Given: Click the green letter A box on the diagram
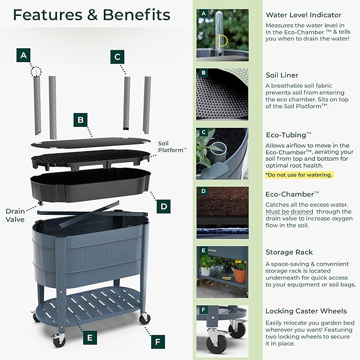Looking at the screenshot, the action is point(23,55).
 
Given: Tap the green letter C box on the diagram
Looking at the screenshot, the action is point(117,57).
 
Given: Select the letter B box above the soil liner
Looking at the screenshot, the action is point(81,120).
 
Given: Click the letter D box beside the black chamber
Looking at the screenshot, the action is point(164,206).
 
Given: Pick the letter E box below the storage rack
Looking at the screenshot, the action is point(90,338).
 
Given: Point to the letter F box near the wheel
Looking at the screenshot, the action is point(158,342).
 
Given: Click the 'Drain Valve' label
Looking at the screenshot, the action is point(15,215).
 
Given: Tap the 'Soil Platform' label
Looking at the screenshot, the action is point(172,147).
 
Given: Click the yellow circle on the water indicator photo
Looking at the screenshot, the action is point(222,41).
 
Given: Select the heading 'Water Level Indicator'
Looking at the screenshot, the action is point(303,15).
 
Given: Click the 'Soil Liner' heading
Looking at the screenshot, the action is point(282,75).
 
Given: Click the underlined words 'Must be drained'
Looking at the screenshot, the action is point(289,212).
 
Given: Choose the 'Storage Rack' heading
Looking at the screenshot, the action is point(289,252).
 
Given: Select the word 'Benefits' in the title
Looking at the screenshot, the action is point(136,15).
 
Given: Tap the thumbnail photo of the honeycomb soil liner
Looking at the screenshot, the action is point(222,94).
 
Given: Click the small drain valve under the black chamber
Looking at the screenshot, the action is point(41,203).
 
